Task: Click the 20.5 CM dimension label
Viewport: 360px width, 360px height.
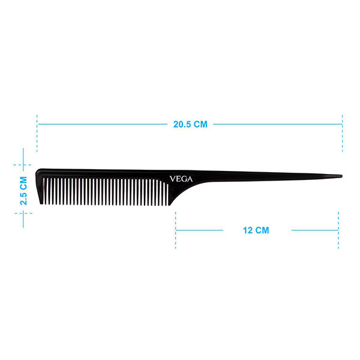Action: click(190, 125)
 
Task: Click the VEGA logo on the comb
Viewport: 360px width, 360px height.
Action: click(181, 178)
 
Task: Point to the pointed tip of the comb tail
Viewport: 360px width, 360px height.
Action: click(340, 176)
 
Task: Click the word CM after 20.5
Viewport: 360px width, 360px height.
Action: click(200, 125)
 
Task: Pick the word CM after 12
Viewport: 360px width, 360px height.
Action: click(263, 230)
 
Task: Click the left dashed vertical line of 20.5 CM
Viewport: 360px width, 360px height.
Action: click(37, 132)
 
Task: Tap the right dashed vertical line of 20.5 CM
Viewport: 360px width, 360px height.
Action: click(342, 132)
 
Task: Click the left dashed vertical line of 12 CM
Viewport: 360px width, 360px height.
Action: click(176, 230)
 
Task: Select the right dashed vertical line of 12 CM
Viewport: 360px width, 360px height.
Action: click(339, 230)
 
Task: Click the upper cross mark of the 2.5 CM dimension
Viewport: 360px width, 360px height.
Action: click(23, 164)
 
